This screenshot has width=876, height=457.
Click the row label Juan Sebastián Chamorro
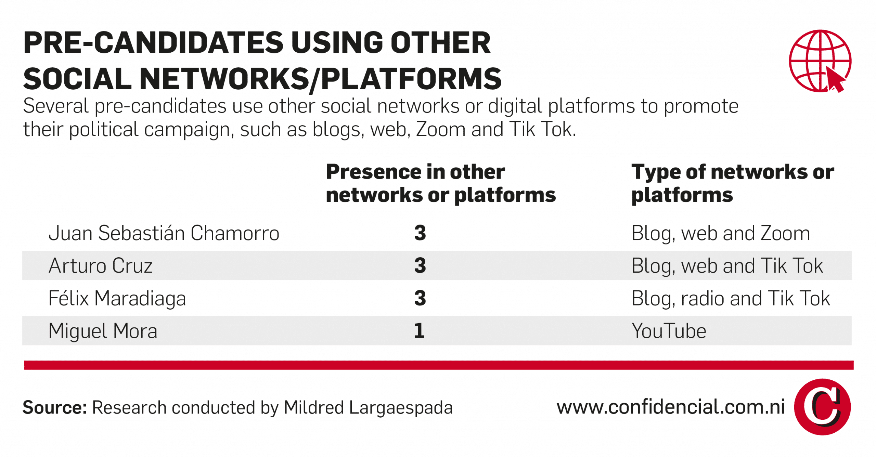click(x=164, y=233)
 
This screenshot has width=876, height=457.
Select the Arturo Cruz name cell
click(x=101, y=266)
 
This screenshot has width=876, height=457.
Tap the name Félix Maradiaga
click(x=117, y=298)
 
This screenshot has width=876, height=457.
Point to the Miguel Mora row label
click(x=103, y=331)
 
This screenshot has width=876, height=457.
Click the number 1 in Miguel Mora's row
click(x=419, y=331)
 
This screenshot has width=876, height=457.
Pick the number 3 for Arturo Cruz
click(x=420, y=266)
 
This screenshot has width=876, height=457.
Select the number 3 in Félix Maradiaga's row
click(x=420, y=298)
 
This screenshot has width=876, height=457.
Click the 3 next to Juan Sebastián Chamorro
click(x=420, y=233)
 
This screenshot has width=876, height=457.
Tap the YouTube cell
click(x=669, y=331)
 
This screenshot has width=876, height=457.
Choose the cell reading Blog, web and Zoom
click(x=721, y=234)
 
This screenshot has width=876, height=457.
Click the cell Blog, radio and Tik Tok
click(x=731, y=299)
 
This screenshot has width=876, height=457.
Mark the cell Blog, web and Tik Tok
click(x=727, y=266)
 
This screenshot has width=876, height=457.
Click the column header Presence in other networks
click(x=441, y=184)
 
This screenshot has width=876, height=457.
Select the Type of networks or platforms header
click(x=733, y=184)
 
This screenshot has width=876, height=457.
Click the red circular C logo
click(x=822, y=407)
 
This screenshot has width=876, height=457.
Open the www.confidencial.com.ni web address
click(x=671, y=407)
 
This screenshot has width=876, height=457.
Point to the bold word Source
click(x=55, y=407)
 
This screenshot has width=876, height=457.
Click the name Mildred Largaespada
click(x=368, y=408)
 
